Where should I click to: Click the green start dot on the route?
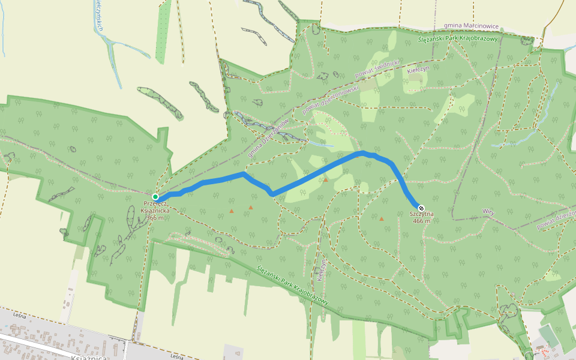[x=155, y=197]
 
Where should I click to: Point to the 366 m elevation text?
[x=155, y=217]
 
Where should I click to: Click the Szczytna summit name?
[x=422, y=214]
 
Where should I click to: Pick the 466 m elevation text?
[x=422, y=221]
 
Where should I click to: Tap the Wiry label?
[x=488, y=211]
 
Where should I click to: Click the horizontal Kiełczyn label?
[x=418, y=70]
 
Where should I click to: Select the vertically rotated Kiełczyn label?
[x=322, y=269]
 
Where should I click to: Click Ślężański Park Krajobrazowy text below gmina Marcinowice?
[x=458, y=38]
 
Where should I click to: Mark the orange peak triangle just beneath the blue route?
[x=326, y=179]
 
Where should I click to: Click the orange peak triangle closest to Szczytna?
[x=381, y=218]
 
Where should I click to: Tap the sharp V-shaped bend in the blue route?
[x=272, y=194]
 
